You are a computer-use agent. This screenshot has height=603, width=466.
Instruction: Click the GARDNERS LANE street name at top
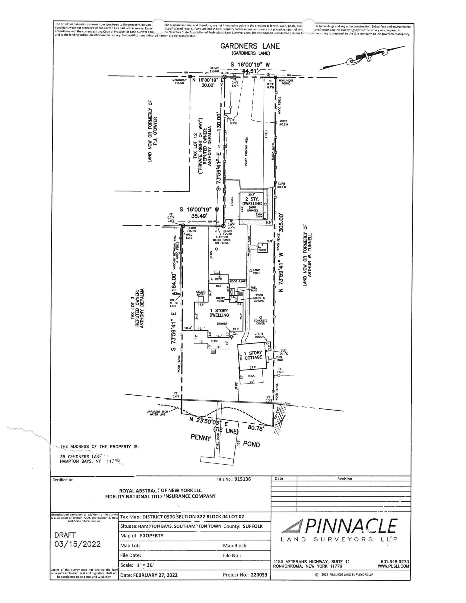click(250, 46)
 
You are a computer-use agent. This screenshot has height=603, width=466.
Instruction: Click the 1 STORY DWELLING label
click(219, 313)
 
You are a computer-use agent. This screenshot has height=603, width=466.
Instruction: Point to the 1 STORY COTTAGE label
click(253, 355)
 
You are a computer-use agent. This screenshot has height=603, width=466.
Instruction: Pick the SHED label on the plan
click(262, 250)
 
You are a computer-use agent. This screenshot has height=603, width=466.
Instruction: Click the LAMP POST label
click(257, 271)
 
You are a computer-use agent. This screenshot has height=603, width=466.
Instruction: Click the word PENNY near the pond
click(200, 438)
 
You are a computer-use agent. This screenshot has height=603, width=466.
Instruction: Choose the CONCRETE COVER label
click(260, 322)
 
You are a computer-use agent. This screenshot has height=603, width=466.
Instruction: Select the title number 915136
click(243, 479)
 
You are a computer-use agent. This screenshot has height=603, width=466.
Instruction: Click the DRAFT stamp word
click(65, 535)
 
